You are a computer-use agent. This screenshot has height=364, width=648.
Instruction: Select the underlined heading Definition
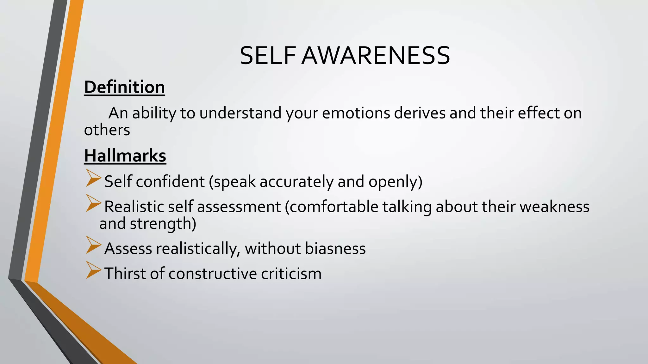124,87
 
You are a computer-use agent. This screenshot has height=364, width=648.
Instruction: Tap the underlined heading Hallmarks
125,156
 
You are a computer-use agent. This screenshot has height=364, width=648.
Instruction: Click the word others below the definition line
107,130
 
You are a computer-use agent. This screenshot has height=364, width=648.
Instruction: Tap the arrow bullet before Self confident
93,178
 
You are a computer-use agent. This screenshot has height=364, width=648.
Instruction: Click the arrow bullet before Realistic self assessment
93,203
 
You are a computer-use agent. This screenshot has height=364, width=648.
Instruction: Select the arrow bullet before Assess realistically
93,245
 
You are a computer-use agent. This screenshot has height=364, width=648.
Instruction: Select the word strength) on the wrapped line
163,224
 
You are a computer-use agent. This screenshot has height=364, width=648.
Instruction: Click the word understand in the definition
240,113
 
